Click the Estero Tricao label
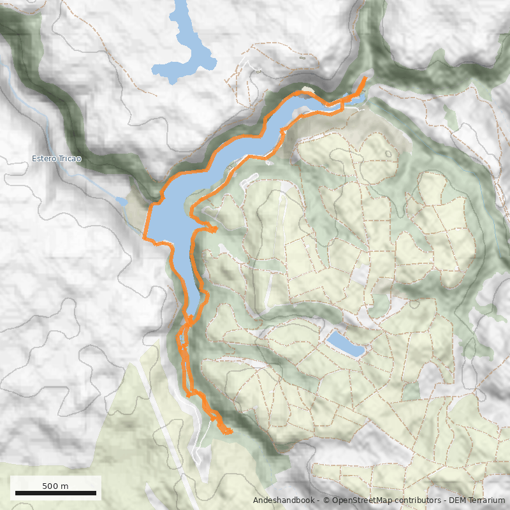pyautogui.click(x=57, y=159)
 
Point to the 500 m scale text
pyautogui.click(x=55, y=486)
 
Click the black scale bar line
pyautogui.click(x=55, y=493)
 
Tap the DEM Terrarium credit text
pyautogui.click(x=472, y=500)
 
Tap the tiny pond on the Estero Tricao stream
pyautogui.click(x=121, y=201)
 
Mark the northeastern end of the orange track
pyautogui.click(x=364, y=78)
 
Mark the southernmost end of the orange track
pyautogui.click(x=228, y=433)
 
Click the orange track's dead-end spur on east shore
pyautogui.click(x=216, y=228)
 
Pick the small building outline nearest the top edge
pyautogui.click(x=302, y=57)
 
